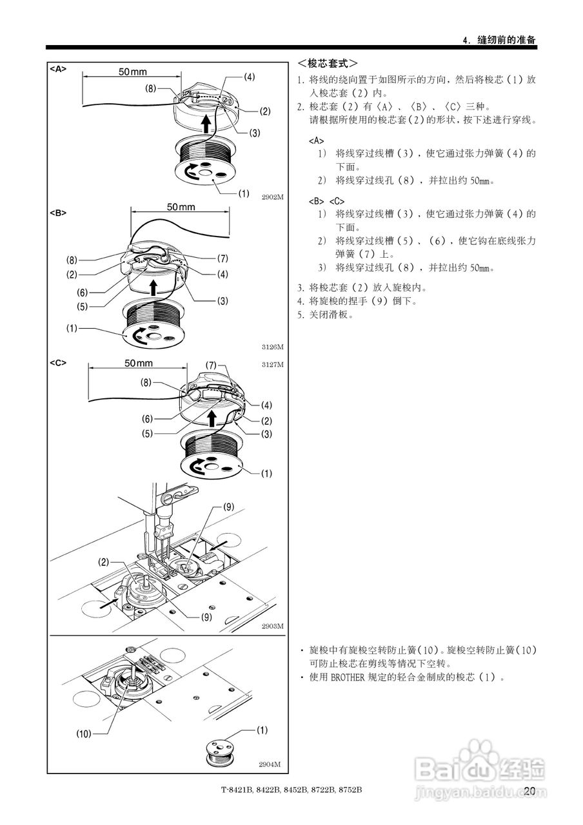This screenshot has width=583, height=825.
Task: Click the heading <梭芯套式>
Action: tap(328, 64)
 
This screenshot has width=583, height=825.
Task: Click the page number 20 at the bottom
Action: tap(530, 791)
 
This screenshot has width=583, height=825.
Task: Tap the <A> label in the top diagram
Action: tap(58, 68)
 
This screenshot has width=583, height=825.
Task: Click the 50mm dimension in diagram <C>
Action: tap(139, 363)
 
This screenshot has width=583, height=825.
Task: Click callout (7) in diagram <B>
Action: tap(222, 258)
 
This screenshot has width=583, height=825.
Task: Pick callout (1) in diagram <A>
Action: tap(244, 193)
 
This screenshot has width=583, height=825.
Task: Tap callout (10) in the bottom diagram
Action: tap(84, 733)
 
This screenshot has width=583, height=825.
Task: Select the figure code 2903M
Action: tap(272, 626)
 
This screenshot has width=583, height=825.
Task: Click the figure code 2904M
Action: tap(270, 764)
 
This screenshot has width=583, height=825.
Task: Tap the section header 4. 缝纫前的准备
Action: tap(500, 40)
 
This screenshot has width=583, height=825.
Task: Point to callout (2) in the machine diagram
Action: tap(104, 562)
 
